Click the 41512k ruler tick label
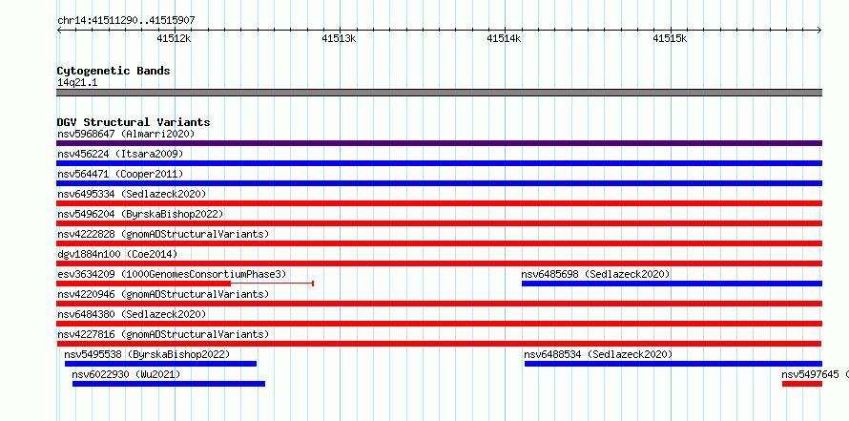174,38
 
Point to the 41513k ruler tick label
339,38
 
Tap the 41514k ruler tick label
504,38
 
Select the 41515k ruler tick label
670,38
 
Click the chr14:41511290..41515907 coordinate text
126,21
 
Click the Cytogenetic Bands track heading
114,71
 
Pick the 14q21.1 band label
77,83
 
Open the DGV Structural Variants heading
134,122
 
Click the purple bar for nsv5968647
439,143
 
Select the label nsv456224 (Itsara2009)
120,154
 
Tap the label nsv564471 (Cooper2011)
120,174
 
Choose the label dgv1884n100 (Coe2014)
117,254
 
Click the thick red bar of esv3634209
143,284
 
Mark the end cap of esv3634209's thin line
313,284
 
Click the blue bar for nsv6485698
672,284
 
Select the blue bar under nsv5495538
160,364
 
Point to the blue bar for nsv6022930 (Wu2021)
169,384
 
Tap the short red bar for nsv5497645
802,384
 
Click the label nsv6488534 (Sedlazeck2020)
598,354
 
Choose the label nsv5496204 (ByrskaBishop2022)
140,214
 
